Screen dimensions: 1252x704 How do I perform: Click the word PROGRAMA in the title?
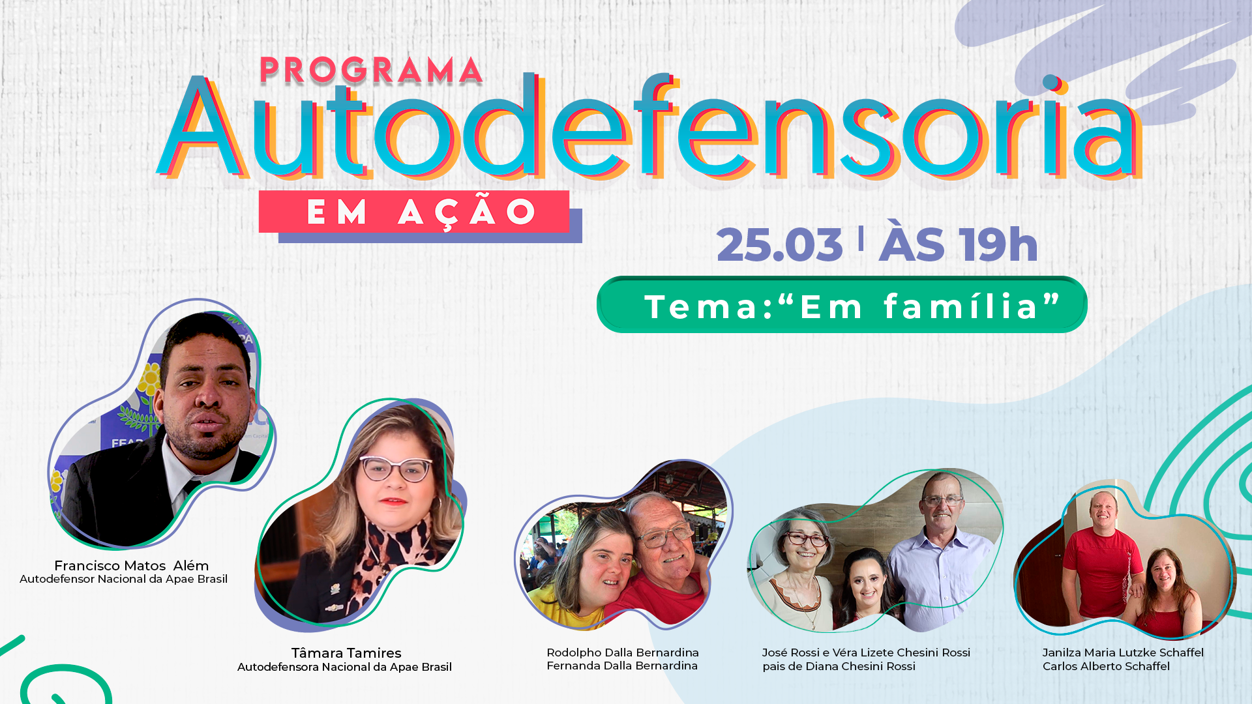pos(371,71)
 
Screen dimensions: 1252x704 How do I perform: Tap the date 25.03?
pos(780,245)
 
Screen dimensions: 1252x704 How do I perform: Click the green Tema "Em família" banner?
pos(842,305)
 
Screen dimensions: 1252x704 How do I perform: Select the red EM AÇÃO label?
pos(414,212)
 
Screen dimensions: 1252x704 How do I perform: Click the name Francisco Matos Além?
pos(131,566)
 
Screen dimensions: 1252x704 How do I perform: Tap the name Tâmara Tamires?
pos(346,653)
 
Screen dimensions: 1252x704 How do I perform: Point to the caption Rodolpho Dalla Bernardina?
pos(623,653)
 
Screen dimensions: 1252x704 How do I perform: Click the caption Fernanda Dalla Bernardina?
pos(622,666)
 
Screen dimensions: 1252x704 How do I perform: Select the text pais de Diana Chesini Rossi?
pos(839,666)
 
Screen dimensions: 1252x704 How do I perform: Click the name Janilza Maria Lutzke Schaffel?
pos(1123,653)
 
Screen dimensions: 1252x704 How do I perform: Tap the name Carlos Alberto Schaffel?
pos(1106,666)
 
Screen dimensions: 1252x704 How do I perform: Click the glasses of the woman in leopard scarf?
pos(396,469)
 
